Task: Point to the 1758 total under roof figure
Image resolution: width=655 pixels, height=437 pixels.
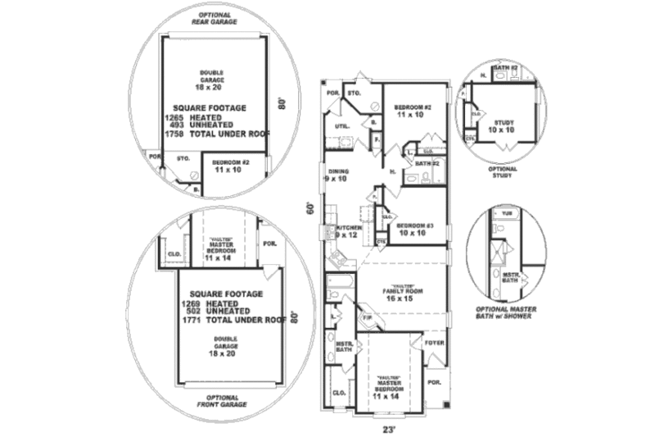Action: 174,132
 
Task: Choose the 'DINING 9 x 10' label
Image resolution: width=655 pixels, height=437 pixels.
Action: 338,175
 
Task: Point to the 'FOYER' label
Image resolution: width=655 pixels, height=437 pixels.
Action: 433,342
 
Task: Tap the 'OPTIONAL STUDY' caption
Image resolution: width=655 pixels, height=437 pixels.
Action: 504,171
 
